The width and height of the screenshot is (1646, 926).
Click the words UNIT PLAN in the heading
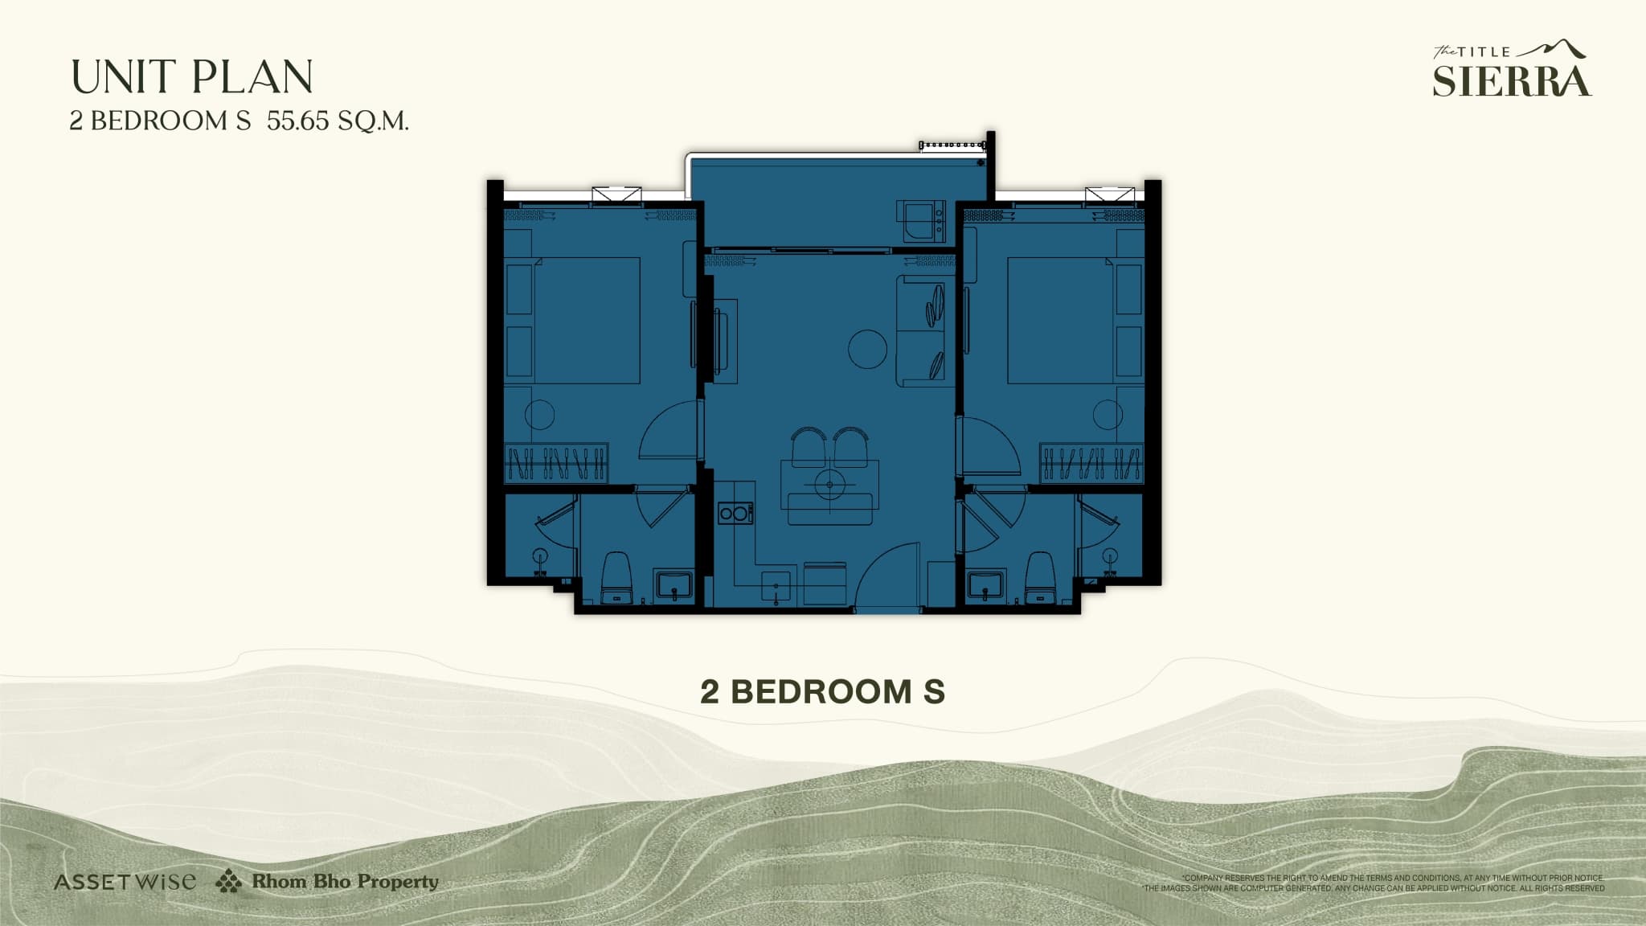[x=192, y=77]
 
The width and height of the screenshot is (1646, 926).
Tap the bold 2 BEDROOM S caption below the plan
[x=822, y=691]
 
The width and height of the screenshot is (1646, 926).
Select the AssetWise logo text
[x=125, y=882]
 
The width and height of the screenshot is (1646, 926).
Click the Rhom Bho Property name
[x=345, y=881]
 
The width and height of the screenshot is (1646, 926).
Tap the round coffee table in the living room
[x=868, y=349]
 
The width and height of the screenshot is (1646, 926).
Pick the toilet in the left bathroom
[x=617, y=576]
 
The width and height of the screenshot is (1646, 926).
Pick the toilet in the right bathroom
[x=1040, y=576]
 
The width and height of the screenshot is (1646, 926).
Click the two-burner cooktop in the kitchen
[x=735, y=512]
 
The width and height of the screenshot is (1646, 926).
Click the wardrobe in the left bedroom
[x=555, y=463]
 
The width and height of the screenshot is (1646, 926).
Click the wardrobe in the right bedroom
[x=1091, y=463]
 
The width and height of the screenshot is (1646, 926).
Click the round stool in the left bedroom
[x=539, y=415]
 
